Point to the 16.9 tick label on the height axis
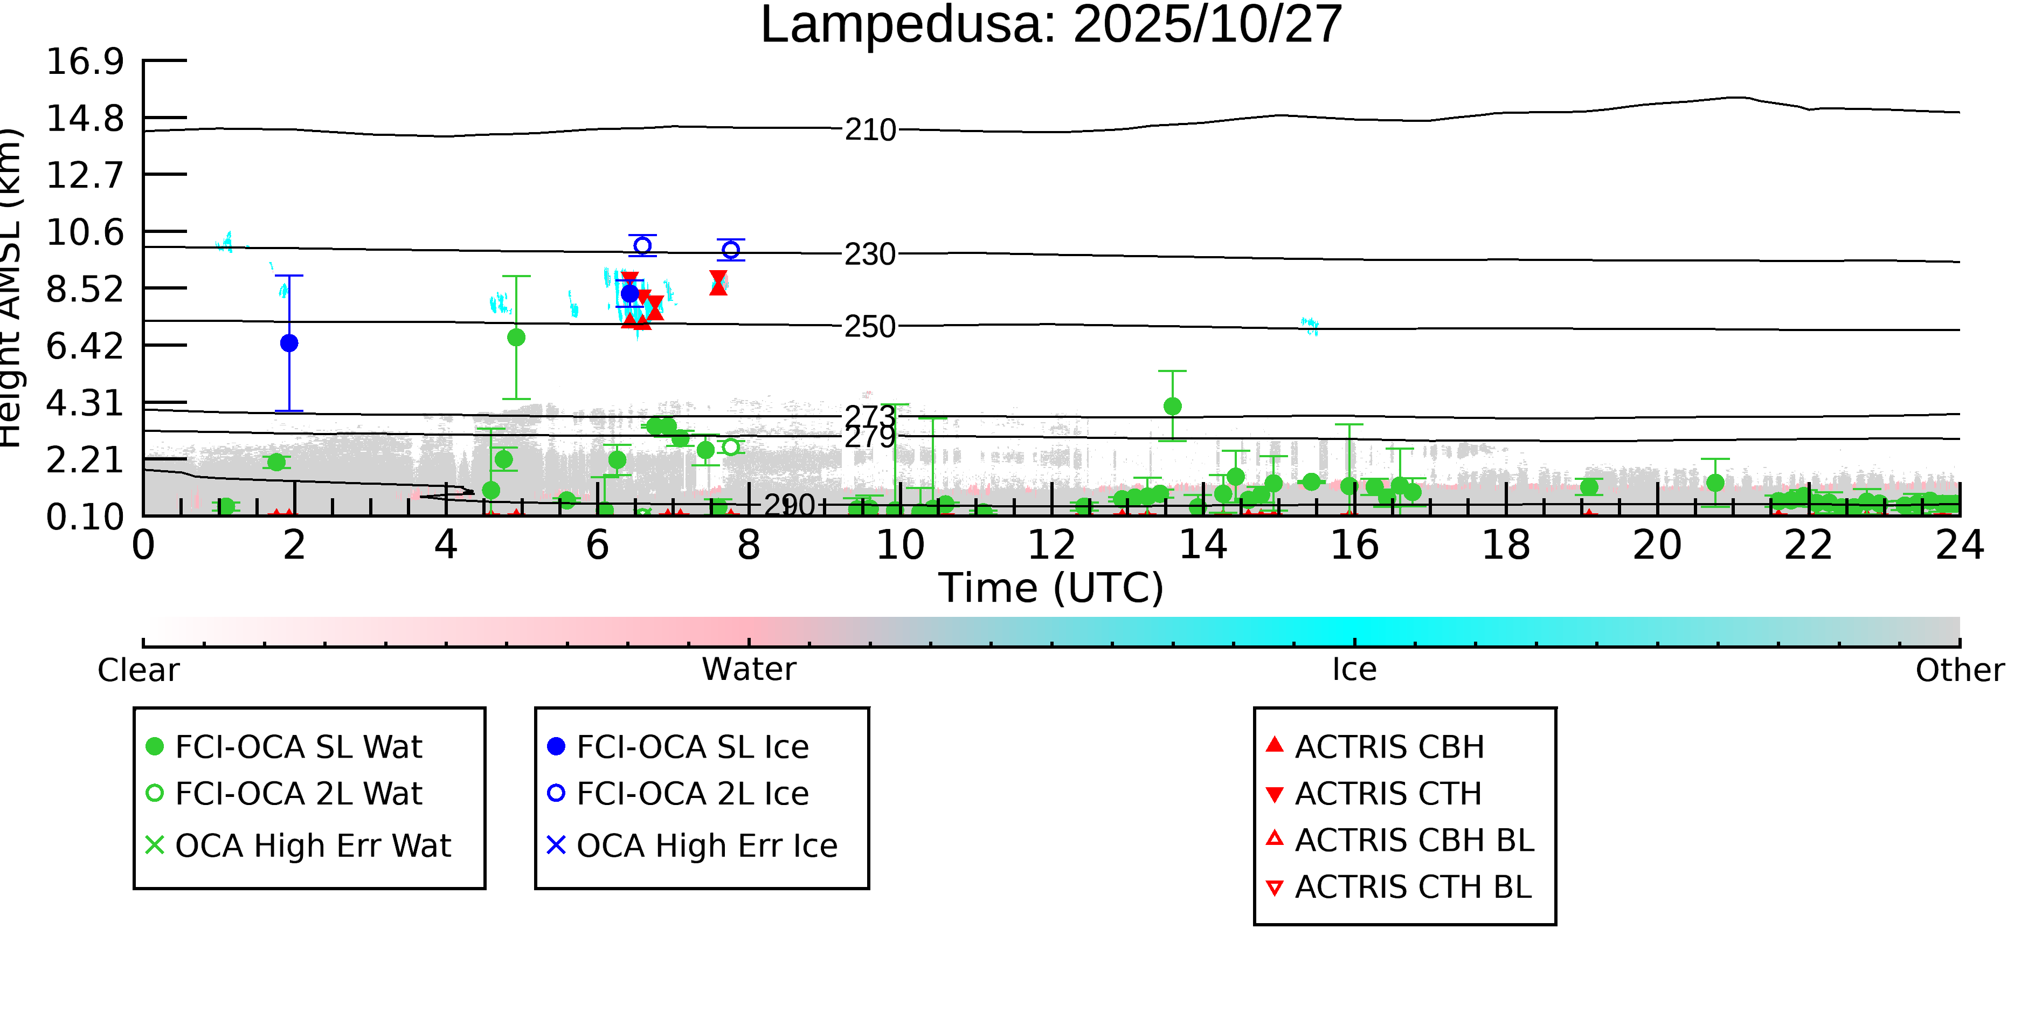(85, 61)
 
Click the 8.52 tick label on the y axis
(85, 290)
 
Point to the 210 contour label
(869, 129)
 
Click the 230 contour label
(869, 255)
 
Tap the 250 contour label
(869, 327)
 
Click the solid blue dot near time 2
(289, 343)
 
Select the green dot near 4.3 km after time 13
(1172, 407)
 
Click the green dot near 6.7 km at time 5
(516, 338)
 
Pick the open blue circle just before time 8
(730, 250)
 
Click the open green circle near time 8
(730, 446)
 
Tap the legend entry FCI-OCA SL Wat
(298, 746)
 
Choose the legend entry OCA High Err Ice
(706, 845)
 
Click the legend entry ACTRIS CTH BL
(1412, 887)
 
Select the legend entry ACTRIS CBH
(1389, 746)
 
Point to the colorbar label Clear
(138, 670)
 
